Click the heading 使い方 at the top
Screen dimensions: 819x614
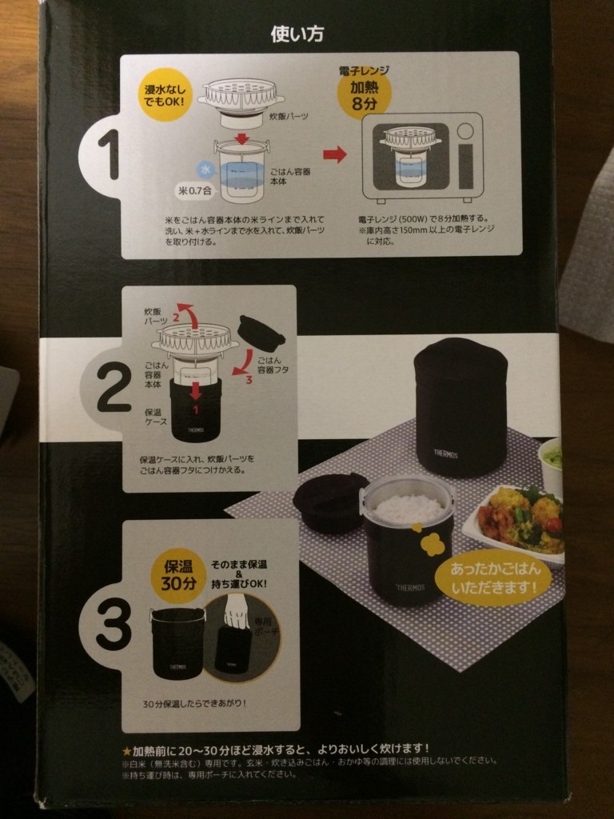297,34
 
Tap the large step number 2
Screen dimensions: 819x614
113,387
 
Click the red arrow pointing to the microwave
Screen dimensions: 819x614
335,154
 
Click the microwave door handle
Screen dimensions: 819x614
465,156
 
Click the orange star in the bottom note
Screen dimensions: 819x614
126,749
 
